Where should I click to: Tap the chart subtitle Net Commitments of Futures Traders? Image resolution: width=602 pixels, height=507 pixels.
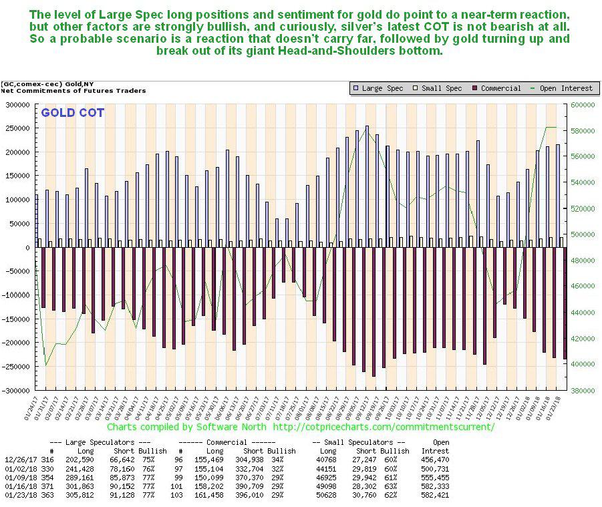(x=73, y=90)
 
